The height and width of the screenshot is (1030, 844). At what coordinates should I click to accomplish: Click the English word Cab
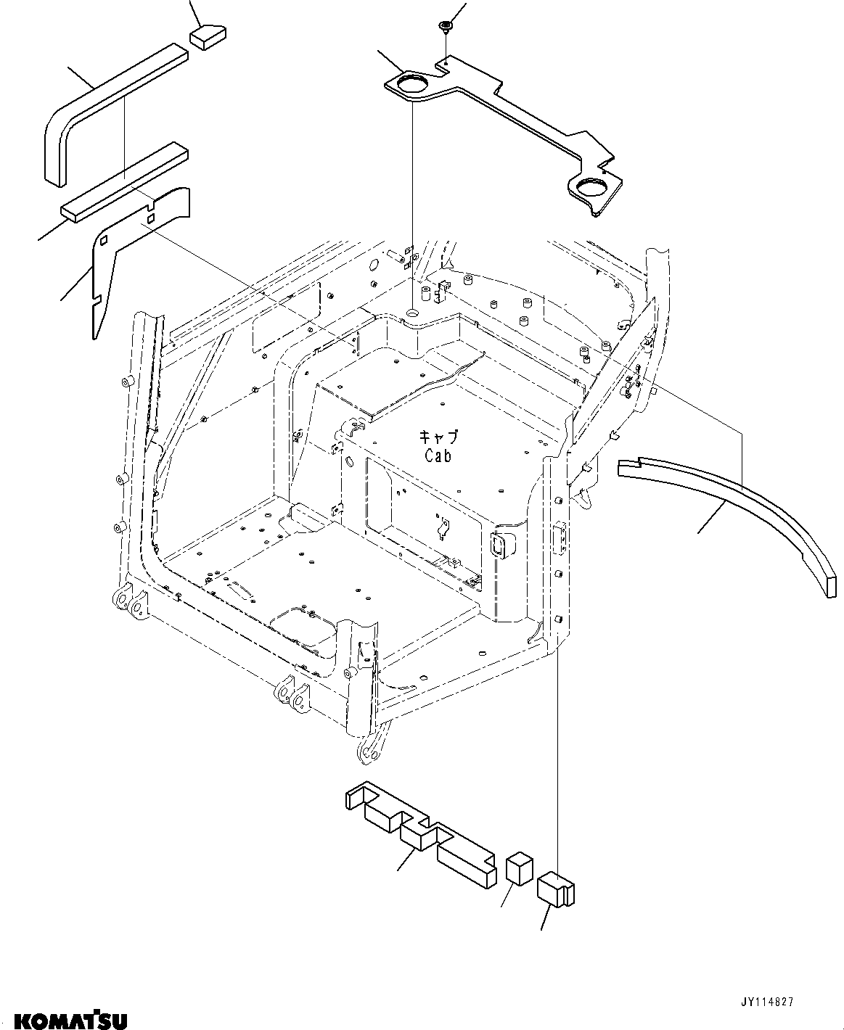click(438, 456)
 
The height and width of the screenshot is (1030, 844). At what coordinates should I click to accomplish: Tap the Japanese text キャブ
click(439, 437)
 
